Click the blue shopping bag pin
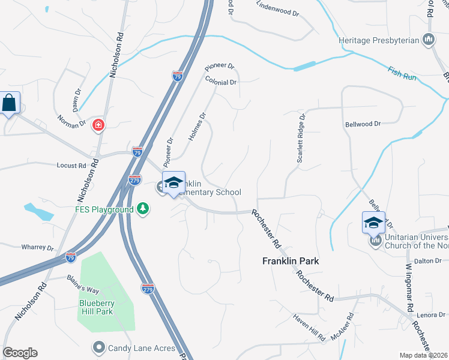pos(10,103)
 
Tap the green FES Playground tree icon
pos(143,209)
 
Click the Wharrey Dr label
pos(38,247)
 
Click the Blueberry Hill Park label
pos(96,307)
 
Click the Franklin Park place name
pos(291,262)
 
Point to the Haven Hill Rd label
pos(309,326)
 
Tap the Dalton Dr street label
pos(427,261)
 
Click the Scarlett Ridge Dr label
pos(301,139)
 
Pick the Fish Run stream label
pos(400,75)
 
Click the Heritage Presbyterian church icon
pos(429,40)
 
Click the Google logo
pos(20,353)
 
